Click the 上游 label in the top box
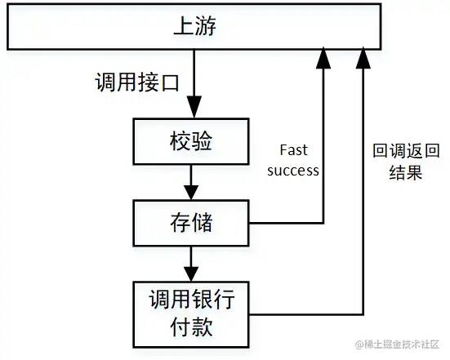[x=194, y=26]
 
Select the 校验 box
[x=191, y=141]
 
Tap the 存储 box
[x=191, y=223]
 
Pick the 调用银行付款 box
[x=191, y=314]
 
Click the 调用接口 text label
[x=137, y=82]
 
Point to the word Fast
[x=293, y=150]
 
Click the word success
[x=293, y=171]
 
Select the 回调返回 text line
[x=406, y=150]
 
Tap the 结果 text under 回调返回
[x=406, y=172]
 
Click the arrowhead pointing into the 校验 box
[x=194, y=107]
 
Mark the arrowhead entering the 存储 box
[x=191, y=192]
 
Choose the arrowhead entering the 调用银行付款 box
[x=191, y=274]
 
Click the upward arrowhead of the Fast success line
[x=323, y=58]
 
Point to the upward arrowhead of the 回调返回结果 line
[x=363, y=58]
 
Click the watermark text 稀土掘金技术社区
[x=397, y=344]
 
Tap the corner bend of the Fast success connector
[x=323, y=223]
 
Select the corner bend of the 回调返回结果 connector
[x=363, y=314]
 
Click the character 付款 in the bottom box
[x=191, y=327]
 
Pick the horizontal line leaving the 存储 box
[x=286, y=223]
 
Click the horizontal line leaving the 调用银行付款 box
[x=306, y=314]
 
